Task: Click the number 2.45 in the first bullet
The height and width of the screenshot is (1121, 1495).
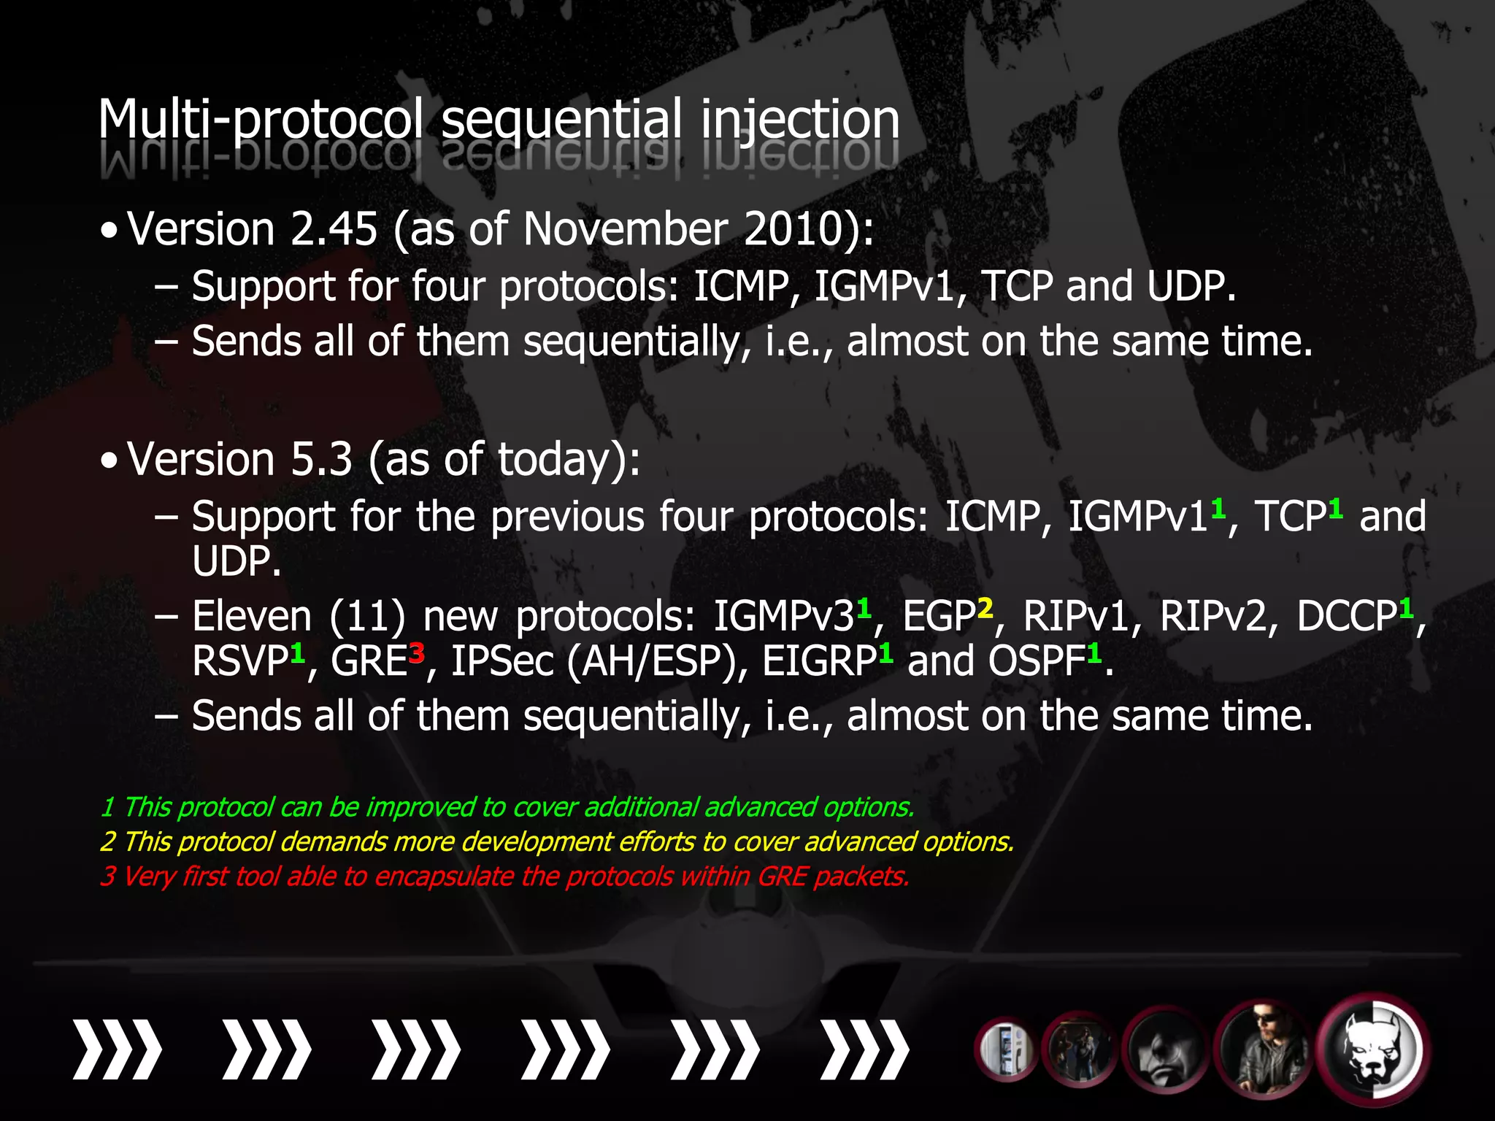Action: click(x=334, y=229)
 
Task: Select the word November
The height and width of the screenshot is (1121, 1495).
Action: click(x=625, y=229)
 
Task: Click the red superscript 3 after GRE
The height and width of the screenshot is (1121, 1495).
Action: click(x=417, y=651)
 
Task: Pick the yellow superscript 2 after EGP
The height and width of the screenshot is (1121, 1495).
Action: click(x=985, y=607)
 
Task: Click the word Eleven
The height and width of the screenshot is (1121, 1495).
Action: click(x=252, y=617)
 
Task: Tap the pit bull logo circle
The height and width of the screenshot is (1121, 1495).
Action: click(x=1373, y=1051)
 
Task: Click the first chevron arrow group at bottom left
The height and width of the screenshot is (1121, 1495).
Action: click(x=117, y=1049)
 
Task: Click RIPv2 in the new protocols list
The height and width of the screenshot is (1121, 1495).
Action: click(x=1214, y=617)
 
